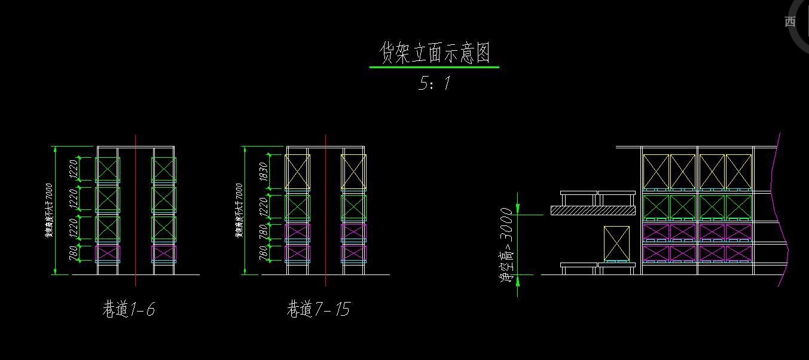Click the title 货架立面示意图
point(435,53)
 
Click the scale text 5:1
point(435,83)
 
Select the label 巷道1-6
point(129,309)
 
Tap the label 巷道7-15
point(318,309)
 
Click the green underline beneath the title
point(434,68)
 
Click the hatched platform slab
point(592,210)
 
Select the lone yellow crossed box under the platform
point(616,243)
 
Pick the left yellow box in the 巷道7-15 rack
point(297,172)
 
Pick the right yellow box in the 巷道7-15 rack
point(353,172)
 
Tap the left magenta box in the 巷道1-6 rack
point(108,253)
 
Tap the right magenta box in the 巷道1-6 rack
point(164,253)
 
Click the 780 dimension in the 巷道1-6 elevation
point(74,254)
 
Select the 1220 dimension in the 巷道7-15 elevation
point(263,208)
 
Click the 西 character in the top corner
point(790,22)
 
